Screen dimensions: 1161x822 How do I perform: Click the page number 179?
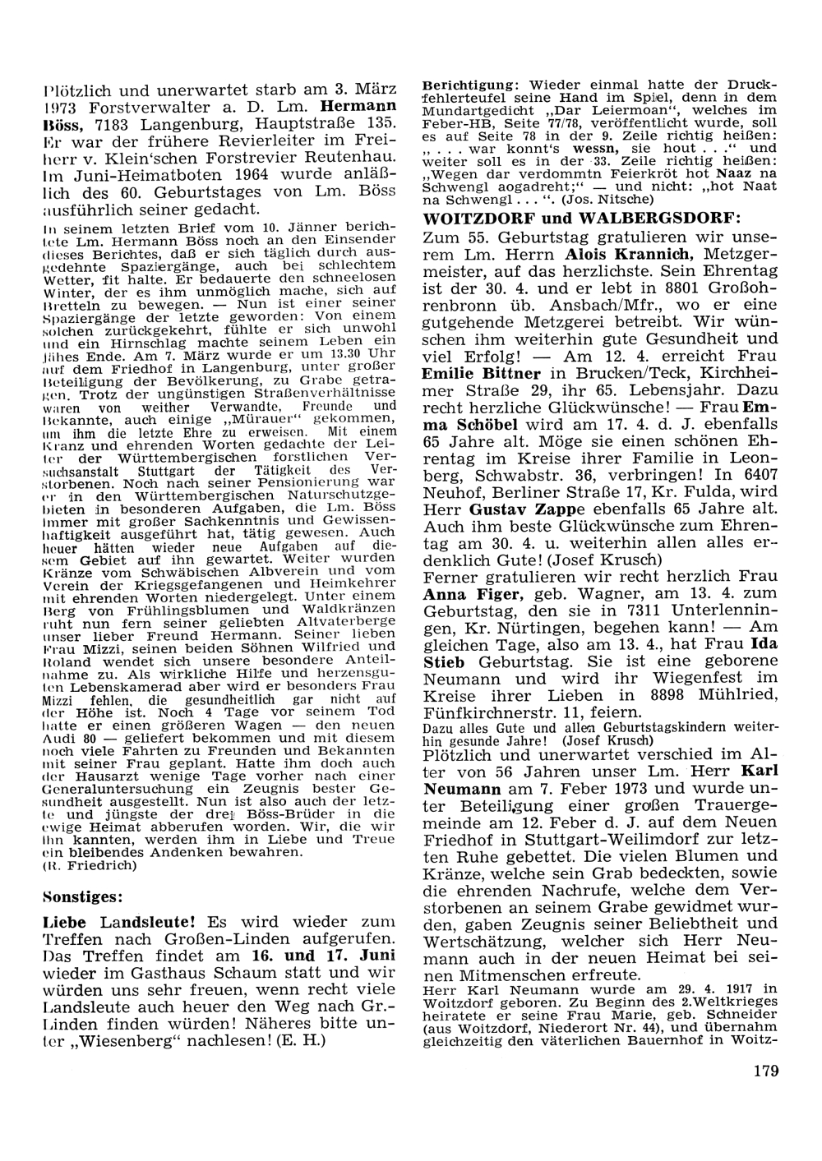coord(764,1070)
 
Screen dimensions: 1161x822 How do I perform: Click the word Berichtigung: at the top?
coord(470,85)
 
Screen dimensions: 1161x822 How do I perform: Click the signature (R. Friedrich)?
coord(79,865)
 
